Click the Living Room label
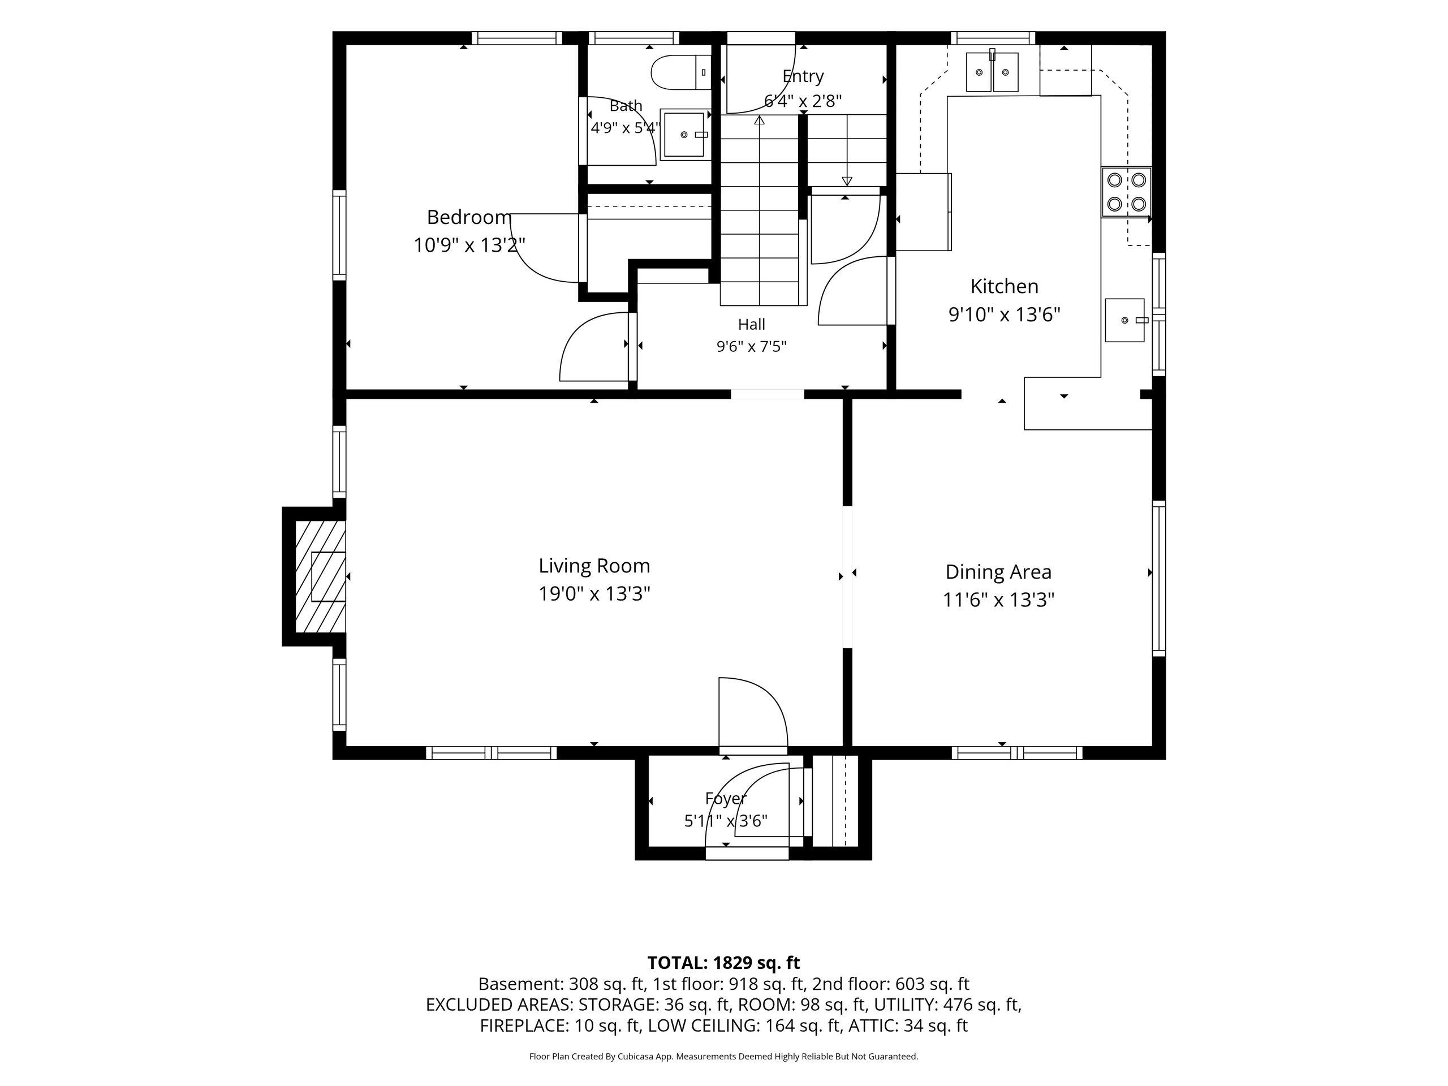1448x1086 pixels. pos(594,566)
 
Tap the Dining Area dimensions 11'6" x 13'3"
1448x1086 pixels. pos(998,600)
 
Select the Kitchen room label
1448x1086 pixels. pos(1004,286)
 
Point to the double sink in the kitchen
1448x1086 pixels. pos(993,72)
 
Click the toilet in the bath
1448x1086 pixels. pos(681,72)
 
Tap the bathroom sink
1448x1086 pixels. pos(685,134)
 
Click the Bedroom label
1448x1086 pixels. pos(469,217)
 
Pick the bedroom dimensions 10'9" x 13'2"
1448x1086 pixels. pos(469,245)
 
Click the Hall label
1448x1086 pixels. pos(752,324)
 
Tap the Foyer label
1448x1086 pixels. pos(725,799)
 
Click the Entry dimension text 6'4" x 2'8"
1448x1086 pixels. pos(803,101)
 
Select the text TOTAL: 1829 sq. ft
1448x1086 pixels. pos(723,962)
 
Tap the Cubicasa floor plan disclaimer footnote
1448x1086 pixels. pos(723,1057)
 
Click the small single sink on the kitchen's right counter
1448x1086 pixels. pos(1125,320)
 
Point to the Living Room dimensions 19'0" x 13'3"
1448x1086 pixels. pos(594,594)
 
